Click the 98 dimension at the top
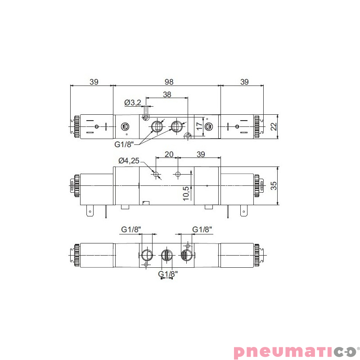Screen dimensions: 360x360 168,81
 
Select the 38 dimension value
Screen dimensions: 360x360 167,94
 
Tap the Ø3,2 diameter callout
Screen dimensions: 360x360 133,103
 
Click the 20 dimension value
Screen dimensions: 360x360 169,154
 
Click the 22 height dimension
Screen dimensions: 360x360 274,127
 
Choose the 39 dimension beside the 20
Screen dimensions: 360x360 201,154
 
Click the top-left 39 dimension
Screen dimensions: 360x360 94,81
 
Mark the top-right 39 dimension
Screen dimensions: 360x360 244,81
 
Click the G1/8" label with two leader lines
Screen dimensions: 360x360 124,144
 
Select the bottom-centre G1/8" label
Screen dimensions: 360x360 167,273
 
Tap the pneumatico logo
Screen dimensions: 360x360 295,351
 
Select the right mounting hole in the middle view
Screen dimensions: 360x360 178,174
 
